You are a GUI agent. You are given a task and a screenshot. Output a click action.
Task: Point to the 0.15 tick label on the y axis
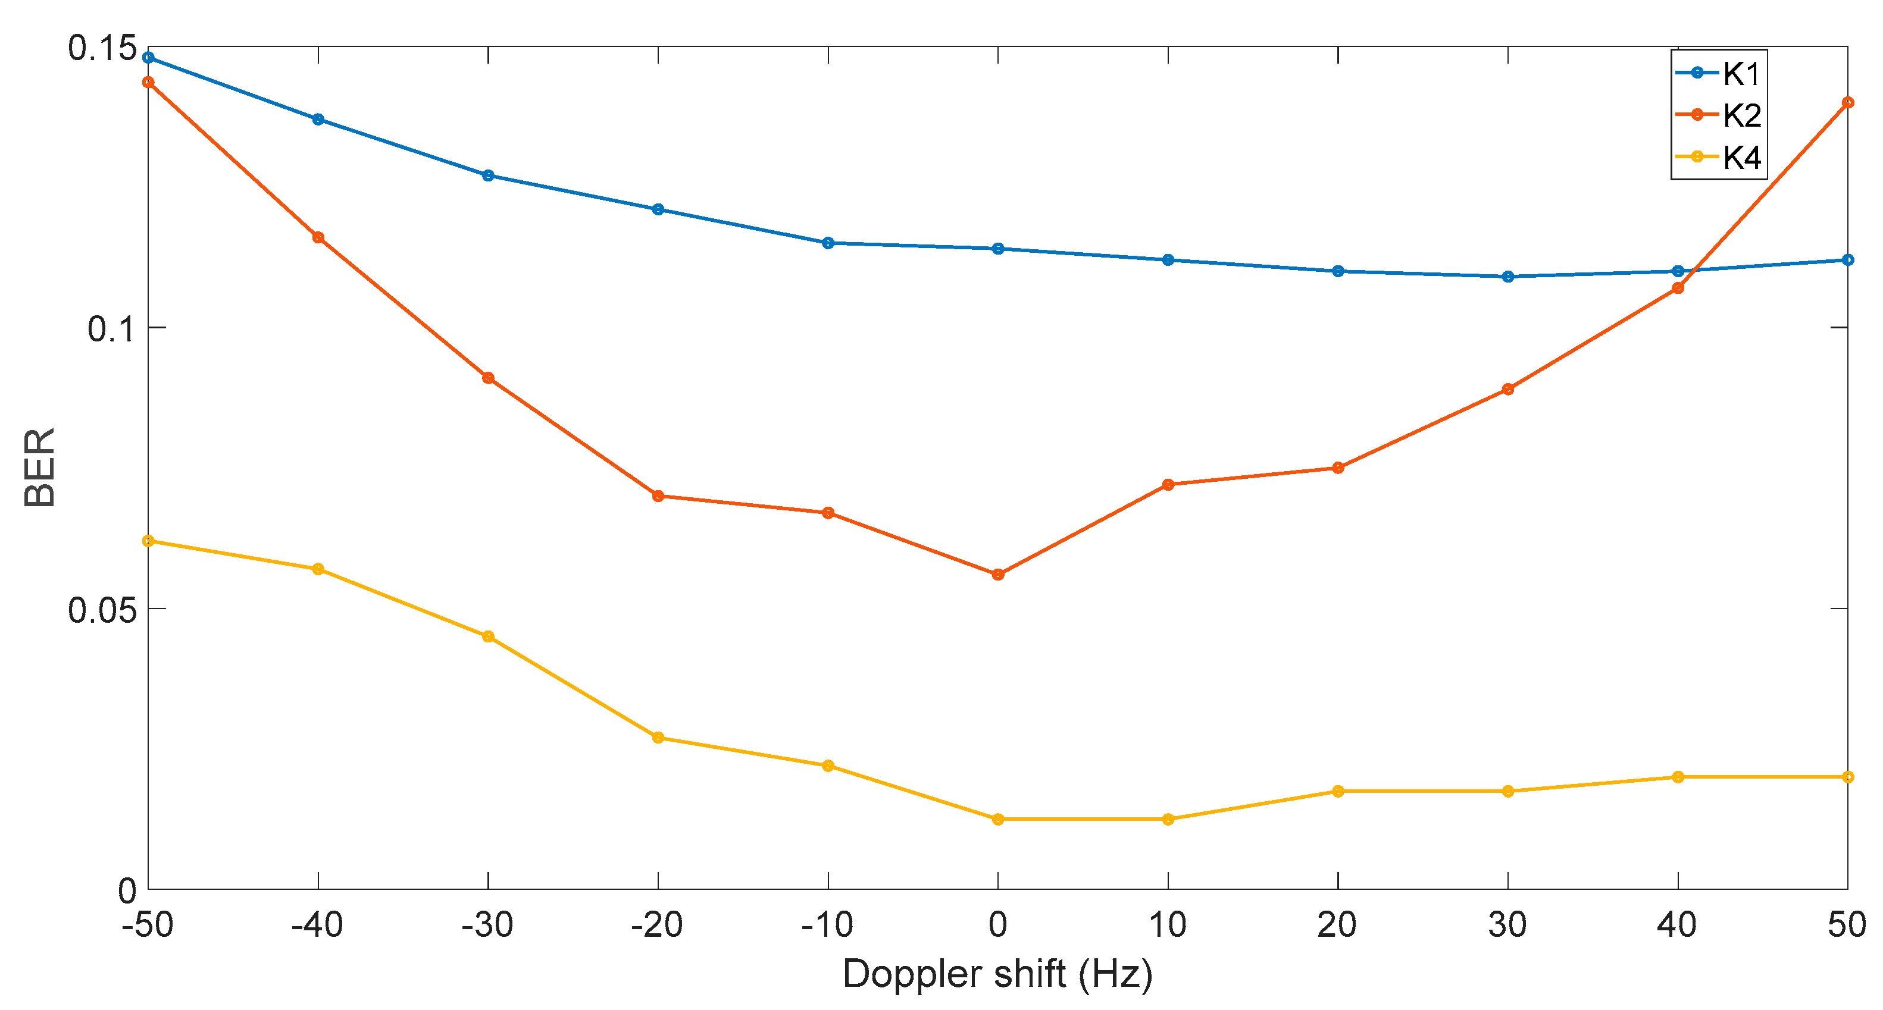coord(102,48)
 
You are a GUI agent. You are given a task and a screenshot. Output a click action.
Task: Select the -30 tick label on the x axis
coord(487,925)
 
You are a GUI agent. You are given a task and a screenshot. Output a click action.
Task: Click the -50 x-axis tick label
coord(148,925)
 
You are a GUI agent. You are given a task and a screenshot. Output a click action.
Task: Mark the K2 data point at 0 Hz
coord(998,575)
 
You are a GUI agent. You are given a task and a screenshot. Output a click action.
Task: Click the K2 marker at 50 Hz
coord(1847,102)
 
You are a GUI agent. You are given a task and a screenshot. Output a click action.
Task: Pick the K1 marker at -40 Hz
coord(318,119)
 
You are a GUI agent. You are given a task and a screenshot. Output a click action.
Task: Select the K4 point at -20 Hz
coord(658,738)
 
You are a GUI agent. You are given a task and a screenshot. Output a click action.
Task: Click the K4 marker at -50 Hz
coord(148,541)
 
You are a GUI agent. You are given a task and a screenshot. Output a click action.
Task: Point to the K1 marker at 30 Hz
coord(1507,276)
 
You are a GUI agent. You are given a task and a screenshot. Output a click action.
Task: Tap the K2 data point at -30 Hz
coord(488,378)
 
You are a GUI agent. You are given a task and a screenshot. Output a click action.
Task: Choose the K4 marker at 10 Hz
coord(1168,819)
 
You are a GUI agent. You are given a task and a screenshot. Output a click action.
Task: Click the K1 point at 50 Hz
coord(1847,259)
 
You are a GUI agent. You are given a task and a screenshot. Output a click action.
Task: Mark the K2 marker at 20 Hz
coord(1338,468)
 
